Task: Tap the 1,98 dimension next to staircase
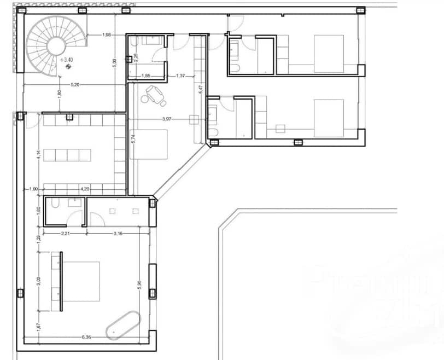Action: [x=107, y=36]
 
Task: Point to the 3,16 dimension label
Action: [x=117, y=234]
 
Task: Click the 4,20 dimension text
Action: [x=85, y=189]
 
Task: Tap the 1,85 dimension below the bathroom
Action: [x=146, y=76]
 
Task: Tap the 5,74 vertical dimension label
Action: [x=132, y=141]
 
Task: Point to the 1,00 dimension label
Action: [x=34, y=189]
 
